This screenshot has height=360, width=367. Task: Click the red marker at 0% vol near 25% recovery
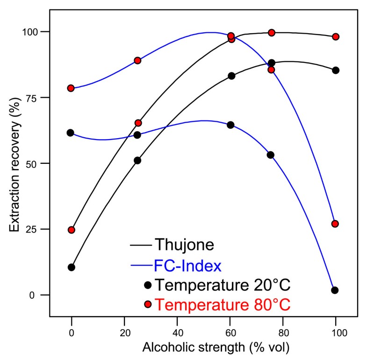(71, 230)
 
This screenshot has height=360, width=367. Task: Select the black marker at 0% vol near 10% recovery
(71, 267)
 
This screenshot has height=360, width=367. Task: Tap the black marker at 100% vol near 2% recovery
(335, 290)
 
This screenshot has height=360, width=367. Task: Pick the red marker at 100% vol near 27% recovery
(335, 224)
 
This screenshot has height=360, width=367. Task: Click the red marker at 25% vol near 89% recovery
(137, 60)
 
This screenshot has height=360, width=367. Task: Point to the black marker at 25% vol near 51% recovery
(137, 160)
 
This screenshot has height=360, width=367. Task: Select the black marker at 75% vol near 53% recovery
(270, 155)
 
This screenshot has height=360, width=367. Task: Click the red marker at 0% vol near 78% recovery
(71, 88)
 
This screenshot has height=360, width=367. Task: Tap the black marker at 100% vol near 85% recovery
(335, 70)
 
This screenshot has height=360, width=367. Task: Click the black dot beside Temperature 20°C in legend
(148, 284)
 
